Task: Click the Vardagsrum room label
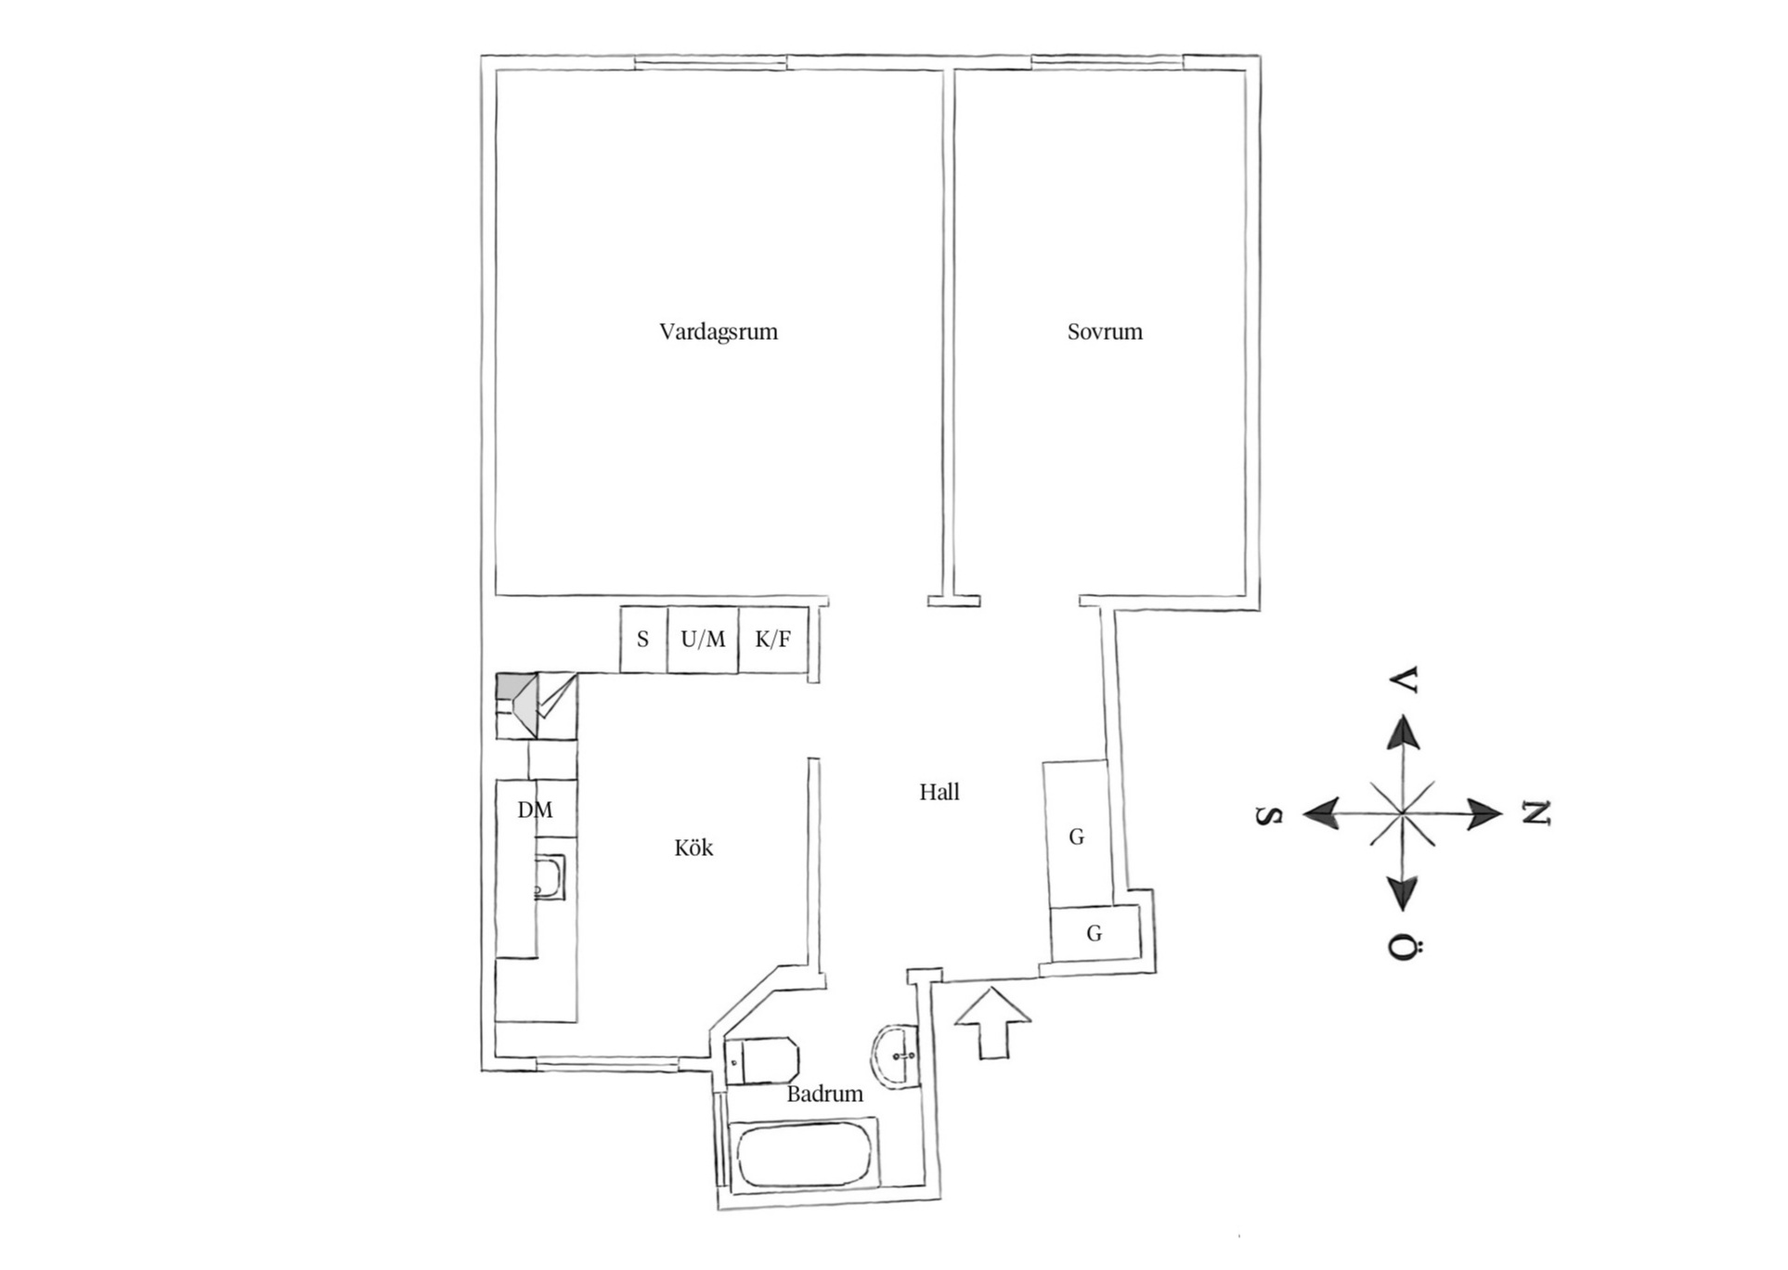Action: (719, 331)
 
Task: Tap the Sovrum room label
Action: (1105, 331)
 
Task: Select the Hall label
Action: (939, 792)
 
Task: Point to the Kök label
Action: (693, 848)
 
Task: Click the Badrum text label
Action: (824, 1094)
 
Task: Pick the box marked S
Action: (643, 640)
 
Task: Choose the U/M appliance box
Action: (703, 640)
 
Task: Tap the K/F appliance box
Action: (773, 640)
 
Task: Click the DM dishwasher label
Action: (535, 810)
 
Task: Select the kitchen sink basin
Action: (549, 878)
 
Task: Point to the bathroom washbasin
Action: (895, 1056)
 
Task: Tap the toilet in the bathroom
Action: (762, 1060)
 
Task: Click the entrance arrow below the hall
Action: (992, 1022)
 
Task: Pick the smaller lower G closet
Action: (1095, 934)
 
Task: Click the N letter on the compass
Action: (1535, 814)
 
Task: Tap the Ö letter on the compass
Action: (1405, 948)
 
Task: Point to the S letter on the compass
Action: (1269, 816)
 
